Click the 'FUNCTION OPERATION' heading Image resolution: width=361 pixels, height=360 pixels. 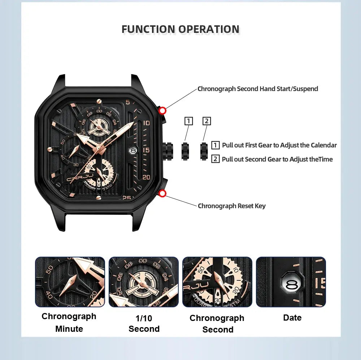180,29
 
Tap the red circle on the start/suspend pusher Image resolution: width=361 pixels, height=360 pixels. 162,111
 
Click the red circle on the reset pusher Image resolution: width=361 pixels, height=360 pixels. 162,194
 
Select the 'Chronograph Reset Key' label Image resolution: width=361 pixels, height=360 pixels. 232,206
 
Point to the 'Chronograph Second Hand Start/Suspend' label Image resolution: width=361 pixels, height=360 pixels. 258,89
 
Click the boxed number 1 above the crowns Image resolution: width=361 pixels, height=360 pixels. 188,121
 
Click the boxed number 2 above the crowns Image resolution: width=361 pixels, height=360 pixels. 206,121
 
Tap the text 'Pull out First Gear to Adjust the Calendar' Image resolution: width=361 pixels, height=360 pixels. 279,145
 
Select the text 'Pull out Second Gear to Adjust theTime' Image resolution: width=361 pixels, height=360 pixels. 277,159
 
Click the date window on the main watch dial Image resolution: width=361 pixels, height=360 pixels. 133,151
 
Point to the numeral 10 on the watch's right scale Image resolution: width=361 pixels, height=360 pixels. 147,123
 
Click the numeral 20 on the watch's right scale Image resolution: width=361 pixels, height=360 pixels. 146,177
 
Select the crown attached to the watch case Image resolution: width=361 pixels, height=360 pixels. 168,151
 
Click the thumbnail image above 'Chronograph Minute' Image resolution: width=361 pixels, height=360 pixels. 70,282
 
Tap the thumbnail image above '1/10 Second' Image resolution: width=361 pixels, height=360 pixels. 144,282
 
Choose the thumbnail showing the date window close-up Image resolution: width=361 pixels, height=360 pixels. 291,282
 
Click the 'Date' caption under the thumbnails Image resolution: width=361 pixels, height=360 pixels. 292,318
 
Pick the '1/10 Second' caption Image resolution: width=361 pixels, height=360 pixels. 144,323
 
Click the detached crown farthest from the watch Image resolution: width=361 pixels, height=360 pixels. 204,151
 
